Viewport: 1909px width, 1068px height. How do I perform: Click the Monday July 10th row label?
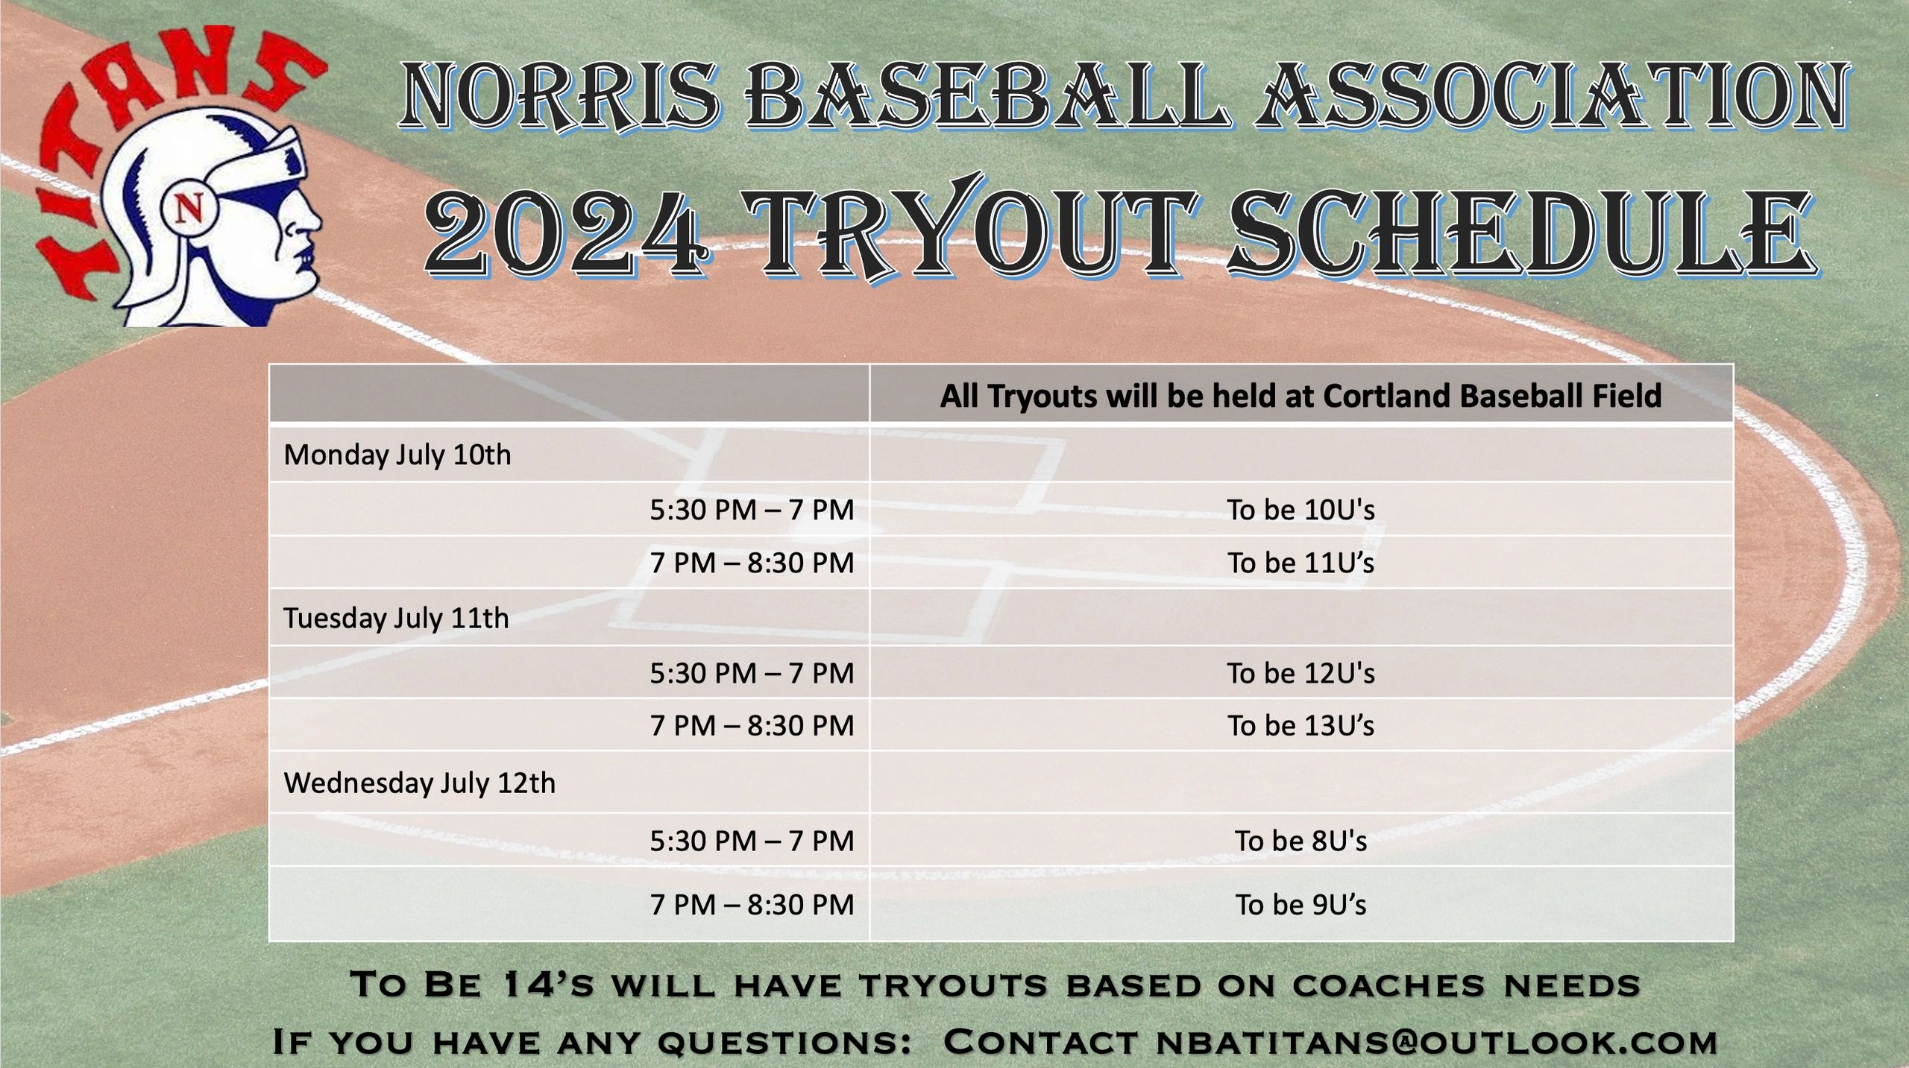click(x=397, y=455)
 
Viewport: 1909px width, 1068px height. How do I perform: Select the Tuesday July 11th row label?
click(x=396, y=618)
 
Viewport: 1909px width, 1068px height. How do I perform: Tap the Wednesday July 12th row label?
click(x=420, y=783)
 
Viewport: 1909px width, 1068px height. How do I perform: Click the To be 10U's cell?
click(x=1301, y=510)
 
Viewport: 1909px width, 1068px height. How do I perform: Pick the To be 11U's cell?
click(x=1301, y=563)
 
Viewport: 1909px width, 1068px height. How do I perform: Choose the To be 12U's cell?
click(x=1301, y=673)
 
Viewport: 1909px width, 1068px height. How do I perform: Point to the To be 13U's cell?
click(x=1301, y=725)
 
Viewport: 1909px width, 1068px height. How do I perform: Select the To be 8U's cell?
click(x=1301, y=841)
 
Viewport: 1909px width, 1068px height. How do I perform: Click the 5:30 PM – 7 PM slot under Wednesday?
click(x=752, y=841)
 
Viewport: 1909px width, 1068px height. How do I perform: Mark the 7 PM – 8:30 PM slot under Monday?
click(x=752, y=563)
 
